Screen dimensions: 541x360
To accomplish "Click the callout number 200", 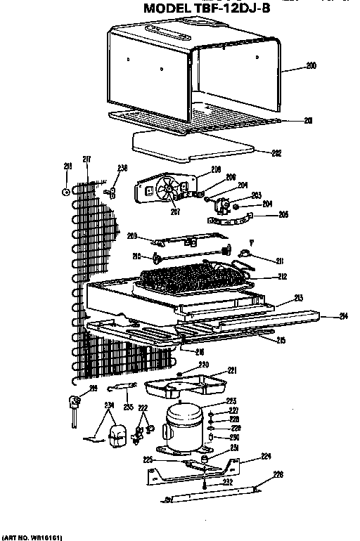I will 311,66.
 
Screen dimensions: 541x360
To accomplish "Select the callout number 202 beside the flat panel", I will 276,152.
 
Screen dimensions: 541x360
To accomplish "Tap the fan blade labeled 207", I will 169,190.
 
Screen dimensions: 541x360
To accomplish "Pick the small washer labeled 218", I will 65,190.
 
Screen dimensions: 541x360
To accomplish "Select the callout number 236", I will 122,167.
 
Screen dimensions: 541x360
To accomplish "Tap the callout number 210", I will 137,256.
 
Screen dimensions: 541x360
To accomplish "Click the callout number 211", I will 280,261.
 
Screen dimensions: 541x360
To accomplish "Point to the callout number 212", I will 283,277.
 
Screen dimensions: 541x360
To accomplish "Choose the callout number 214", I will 342,315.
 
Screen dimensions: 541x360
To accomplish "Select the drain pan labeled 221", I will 186,384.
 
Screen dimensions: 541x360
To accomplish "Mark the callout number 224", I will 266,456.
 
